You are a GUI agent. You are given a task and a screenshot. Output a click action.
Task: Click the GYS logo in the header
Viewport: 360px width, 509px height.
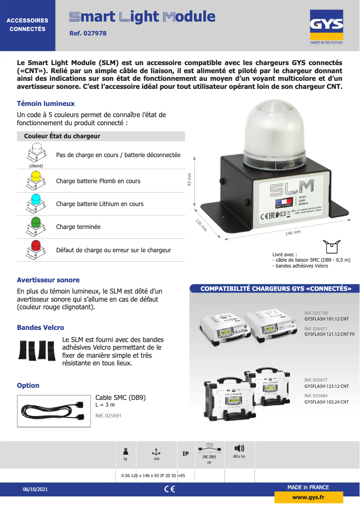pos(326,28)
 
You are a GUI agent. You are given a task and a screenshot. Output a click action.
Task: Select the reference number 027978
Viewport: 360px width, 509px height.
pos(88,33)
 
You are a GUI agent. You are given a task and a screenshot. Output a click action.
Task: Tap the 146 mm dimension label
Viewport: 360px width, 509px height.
pos(293,233)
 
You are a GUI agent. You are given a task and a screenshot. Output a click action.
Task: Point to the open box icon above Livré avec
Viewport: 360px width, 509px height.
pos(332,246)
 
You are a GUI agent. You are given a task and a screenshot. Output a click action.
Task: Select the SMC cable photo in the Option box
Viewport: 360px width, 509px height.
pos(54,411)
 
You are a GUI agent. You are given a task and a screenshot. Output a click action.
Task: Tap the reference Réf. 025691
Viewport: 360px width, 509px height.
pos(108,416)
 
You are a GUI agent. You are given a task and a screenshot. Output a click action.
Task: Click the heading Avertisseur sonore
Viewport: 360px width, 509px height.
pos(48,280)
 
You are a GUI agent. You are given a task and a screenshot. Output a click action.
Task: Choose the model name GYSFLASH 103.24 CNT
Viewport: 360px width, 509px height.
pos(326,402)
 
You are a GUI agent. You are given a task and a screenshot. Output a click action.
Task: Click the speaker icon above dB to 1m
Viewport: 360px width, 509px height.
pos(239,448)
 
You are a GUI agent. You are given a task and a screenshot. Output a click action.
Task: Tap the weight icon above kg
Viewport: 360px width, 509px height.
pos(126,451)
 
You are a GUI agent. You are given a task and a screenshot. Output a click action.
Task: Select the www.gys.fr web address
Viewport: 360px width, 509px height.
pos(308,497)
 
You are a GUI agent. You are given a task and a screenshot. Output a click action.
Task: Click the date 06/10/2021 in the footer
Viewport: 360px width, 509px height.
pos(35,489)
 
